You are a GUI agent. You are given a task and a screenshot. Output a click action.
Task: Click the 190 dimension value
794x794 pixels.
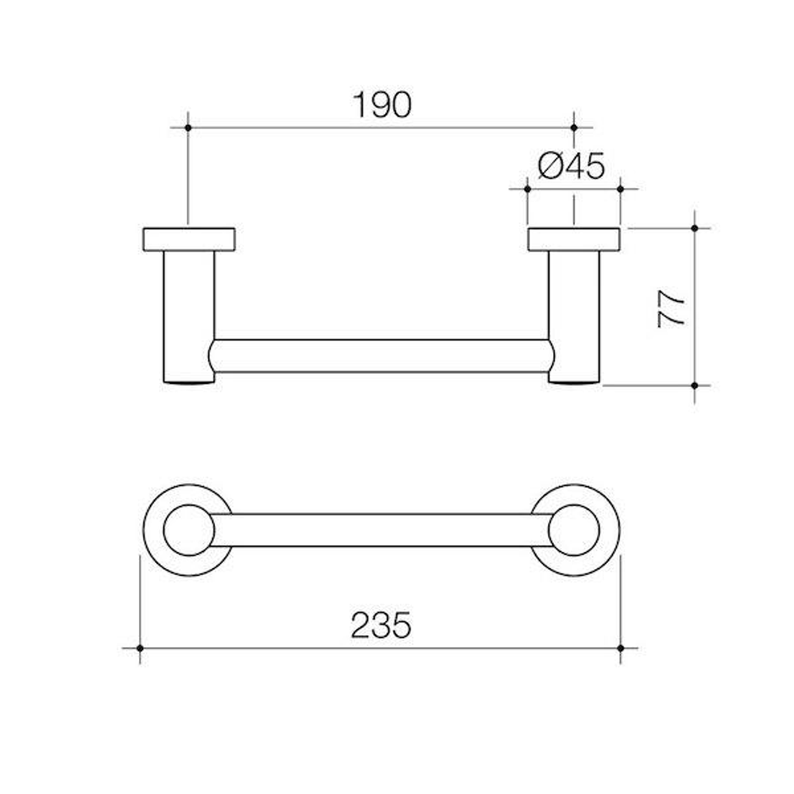pyautogui.click(x=382, y=105)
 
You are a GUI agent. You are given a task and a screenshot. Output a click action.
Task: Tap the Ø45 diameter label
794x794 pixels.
pyautogui.click(x=571, y=166)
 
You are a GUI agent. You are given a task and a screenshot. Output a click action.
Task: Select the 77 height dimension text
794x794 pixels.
pyautogui.click(x=672, y=307)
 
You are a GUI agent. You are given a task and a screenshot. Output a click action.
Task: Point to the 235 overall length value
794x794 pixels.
pyautogui.click(x=381, y=626)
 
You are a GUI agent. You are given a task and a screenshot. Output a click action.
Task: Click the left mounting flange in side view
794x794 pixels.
pyautogui.click(x=189, y=240)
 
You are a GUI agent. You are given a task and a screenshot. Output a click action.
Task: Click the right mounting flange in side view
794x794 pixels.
pyautogui.click(x=574, y=240)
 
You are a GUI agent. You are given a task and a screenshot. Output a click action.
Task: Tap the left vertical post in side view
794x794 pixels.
pyautogui.click(x=189, y=316)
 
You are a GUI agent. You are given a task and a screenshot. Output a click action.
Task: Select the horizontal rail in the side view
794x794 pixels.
pyautogui.click(x=381, y=357)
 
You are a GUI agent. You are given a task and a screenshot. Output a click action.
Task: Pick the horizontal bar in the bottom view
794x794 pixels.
pyautogui.click(x=381, y=530)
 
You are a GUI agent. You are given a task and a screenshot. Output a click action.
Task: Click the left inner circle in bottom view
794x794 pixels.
pyautogui.click(x=189, y=530)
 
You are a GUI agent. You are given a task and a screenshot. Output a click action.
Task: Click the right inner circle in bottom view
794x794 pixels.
pyautogui.click(x=574, y=530)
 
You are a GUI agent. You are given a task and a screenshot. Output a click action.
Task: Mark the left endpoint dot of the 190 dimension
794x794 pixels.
pyautogui.click(x=188, y=128)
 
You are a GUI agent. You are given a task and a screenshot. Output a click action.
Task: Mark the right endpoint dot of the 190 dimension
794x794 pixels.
pyautogui.click(x=574, y=128)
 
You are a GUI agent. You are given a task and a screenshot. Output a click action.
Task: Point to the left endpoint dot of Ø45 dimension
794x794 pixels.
pyautogui.click(x=528, y=189)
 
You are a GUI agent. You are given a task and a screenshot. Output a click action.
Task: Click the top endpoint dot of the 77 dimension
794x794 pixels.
pyautogui.click(x=695, y=228)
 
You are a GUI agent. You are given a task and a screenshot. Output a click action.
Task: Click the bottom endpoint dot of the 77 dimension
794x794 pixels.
pyautogui.click(x=695, y=385)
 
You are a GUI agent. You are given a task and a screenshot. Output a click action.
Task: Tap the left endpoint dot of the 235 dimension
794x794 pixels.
pyautogui.click(x=140, y=648)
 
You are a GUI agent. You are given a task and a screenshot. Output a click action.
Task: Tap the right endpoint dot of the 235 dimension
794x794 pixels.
pyautogui.click(x=620, y=648)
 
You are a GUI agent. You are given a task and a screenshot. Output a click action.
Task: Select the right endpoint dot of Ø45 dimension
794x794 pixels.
pyautogui.click(x=620, y=189)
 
